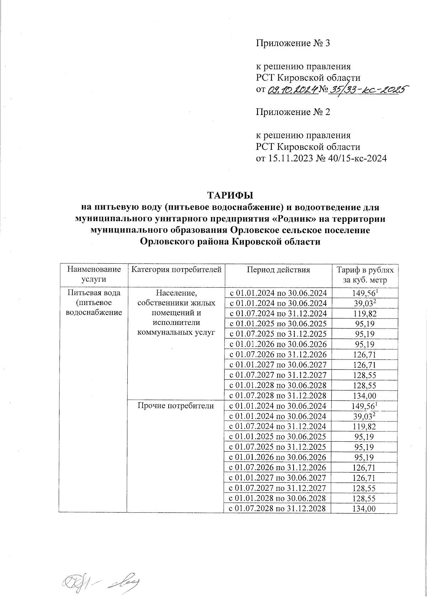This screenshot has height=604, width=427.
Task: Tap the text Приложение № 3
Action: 293,43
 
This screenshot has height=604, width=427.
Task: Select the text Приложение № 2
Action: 293,112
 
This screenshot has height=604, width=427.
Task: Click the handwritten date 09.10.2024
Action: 292,90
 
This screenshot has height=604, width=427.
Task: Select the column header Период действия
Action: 279,270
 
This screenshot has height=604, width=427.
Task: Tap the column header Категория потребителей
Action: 176,270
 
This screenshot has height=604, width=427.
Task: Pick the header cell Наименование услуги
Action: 92,274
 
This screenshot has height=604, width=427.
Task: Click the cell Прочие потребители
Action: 176,406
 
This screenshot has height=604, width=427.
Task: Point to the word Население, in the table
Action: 176,293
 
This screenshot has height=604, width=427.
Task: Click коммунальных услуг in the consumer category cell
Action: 176,333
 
